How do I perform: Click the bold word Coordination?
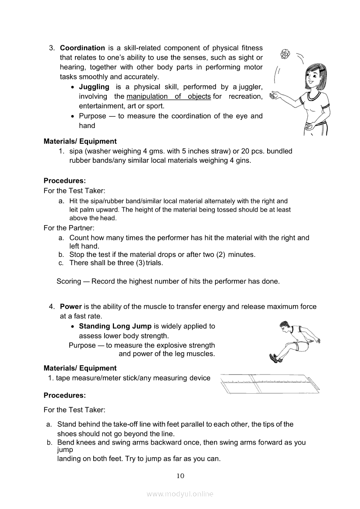[x=82, y=48]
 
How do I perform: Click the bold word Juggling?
[x=94, y=87]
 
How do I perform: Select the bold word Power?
[x=71, y=307]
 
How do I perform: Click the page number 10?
[x=180, y=475]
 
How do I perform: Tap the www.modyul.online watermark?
[x=180, y=494]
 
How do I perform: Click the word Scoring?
[x=68, y=281]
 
